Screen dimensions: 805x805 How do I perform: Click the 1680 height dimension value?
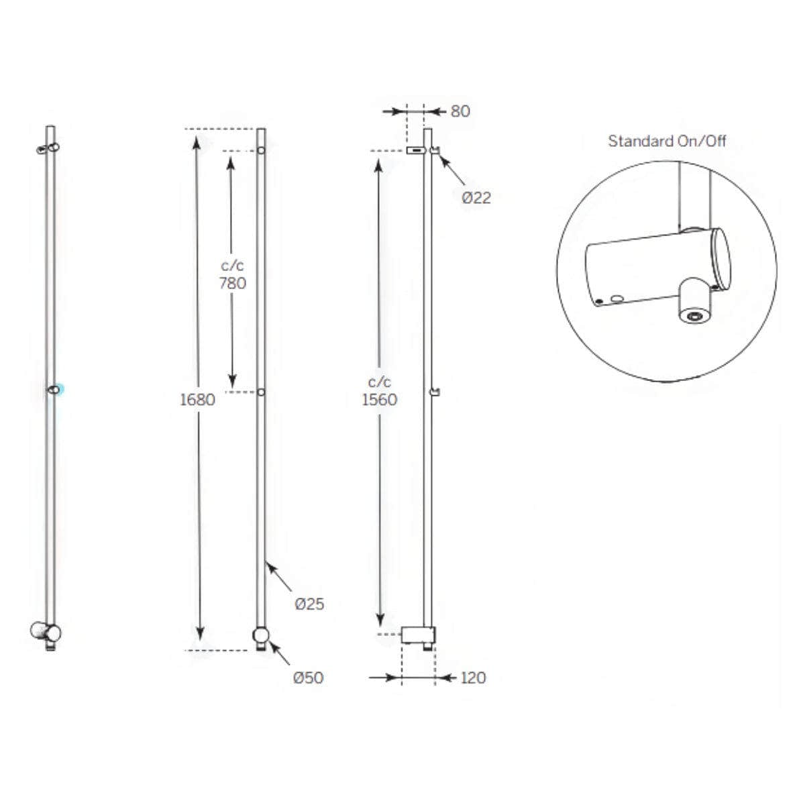pyautogui.click(x=197, y=400)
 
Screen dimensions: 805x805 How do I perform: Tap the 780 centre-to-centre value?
pyautogui.click(x=233, y=284)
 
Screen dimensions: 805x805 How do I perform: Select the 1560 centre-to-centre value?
pyautogui.click(x=379, y=400)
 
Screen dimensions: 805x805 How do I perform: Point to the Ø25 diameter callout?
pyautogui.click(x=309, y=604)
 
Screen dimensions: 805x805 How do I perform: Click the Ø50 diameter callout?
pyautogui.click(x=309, y=678)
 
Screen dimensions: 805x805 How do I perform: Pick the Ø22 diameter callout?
pyautogui.click(x=476, y=198)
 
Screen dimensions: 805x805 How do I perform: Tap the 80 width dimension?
pyautogui.click(x=460, y=111)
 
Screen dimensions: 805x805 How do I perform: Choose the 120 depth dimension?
pyautogui.click(x=474, y=678)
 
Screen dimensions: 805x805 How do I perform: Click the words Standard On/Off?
pyautogui.click(x=667, y=141)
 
